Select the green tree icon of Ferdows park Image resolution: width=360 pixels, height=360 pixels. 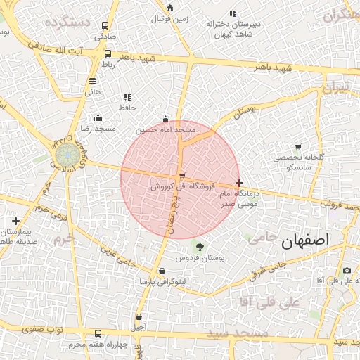pos(200,246)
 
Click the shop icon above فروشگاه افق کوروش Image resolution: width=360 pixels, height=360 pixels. pos(182,175)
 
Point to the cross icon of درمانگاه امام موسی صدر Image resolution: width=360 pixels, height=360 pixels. pos(240,182)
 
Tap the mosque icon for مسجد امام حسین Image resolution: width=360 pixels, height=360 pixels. pos(165,119)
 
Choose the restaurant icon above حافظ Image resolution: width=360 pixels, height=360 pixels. pos(127,97)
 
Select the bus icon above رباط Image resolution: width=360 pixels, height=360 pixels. pos(108,53)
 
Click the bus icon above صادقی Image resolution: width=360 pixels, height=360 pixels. pos(105,25)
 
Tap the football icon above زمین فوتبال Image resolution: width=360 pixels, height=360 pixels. pos(169,8)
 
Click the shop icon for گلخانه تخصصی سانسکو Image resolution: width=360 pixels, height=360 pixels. pos(298,147)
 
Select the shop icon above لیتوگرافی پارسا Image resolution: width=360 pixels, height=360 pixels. pos(162,271)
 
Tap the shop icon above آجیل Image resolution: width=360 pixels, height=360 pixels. pos(139,316)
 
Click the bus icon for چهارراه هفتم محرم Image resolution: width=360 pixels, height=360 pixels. pos(96,333)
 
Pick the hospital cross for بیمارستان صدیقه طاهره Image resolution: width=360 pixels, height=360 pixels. pos(15,221)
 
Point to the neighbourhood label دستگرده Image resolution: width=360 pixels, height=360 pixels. pos(67,23)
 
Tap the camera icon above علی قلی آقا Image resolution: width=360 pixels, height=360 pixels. pos(347,271)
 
